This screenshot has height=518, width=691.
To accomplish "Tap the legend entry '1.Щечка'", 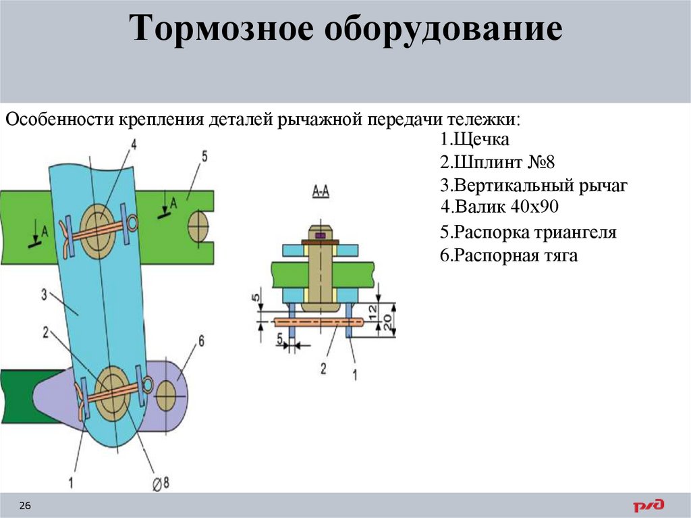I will [x=474, y=140].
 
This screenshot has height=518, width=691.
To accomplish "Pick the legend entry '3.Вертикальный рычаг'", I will [x=533, y=186].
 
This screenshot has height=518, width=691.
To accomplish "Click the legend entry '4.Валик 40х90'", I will [x=499, y=207].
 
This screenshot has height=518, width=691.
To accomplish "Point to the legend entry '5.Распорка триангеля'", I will [x=528, y=233].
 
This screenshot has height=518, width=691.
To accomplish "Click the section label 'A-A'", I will [x=321, y=192].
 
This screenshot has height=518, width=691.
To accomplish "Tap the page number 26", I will [x=25, y=506].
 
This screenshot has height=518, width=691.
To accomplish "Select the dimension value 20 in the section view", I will [x=387, y=323].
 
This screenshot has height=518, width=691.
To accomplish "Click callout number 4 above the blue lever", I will [x=133, y=144].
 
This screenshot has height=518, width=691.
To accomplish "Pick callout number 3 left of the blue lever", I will [x=44, y=294].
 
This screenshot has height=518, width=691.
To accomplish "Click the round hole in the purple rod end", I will [x=166, y=395].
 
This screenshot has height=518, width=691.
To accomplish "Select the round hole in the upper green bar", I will [x=198, y=226].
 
